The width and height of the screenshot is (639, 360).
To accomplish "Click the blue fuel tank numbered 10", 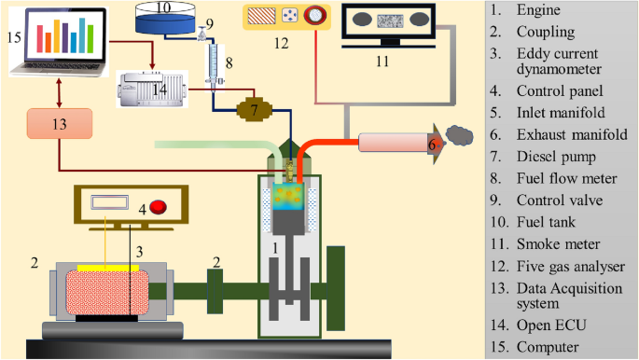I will click(x=164, y=20).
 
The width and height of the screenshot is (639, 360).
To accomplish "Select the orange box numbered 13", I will click(x=60, y=125).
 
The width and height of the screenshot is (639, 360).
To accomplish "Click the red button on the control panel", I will click(x=158, y=205).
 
